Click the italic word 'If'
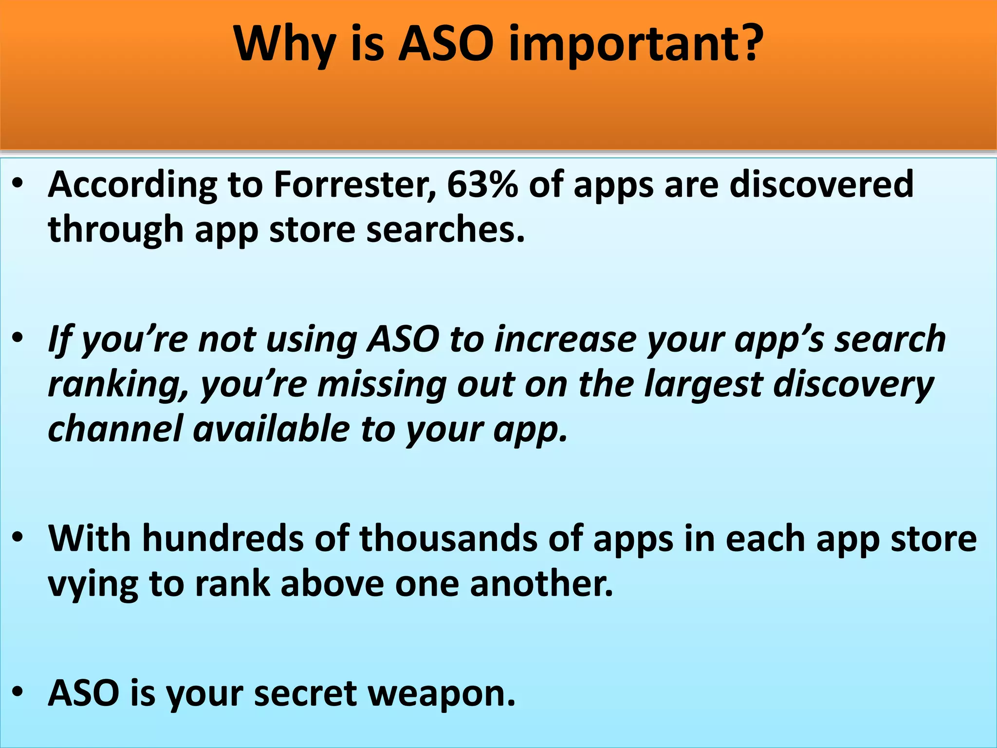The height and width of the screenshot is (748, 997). (59, 339)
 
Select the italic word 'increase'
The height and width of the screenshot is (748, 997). (565, 339)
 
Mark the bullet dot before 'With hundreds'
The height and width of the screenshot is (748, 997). (18, 538)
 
